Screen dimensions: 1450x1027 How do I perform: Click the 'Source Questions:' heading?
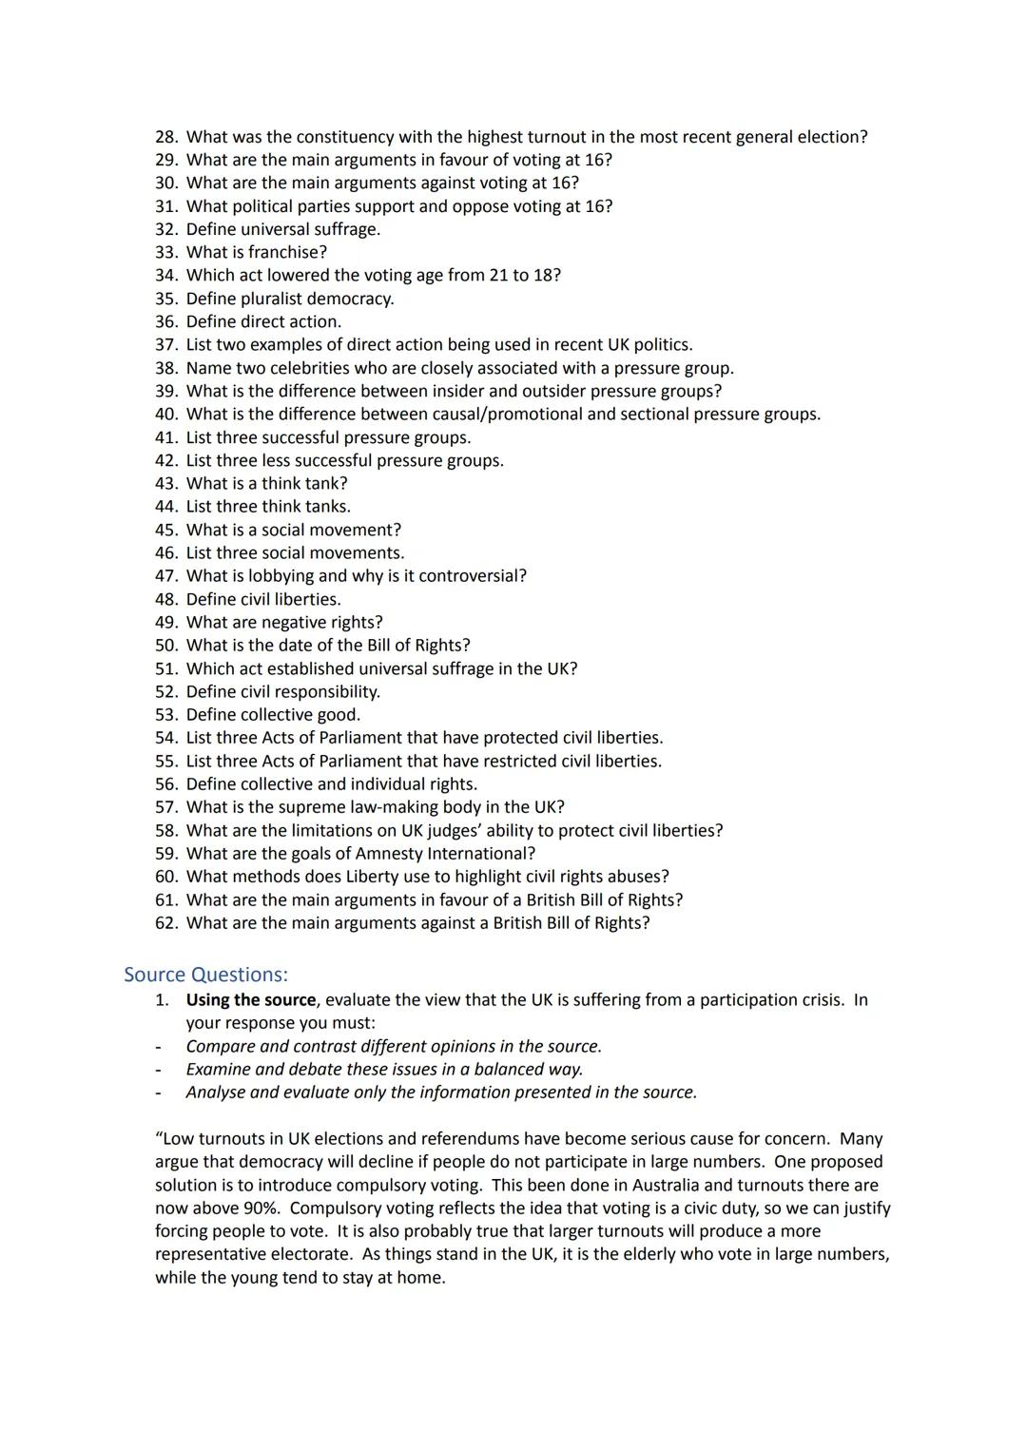(205, 975)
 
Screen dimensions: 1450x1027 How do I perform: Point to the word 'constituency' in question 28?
(343, 137)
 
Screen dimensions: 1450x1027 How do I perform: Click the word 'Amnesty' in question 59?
(391, 853)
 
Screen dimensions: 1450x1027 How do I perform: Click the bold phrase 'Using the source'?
(251, 999)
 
